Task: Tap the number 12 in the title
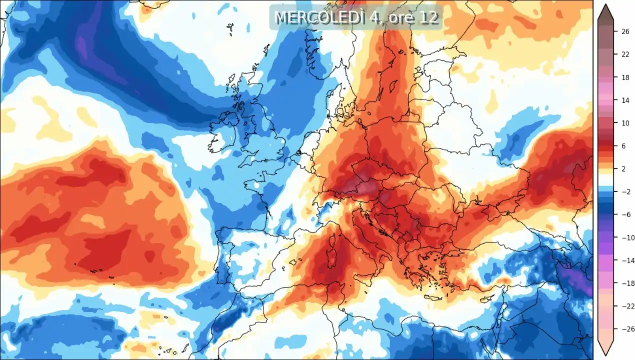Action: (429, 17)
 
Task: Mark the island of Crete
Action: (434, 298)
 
